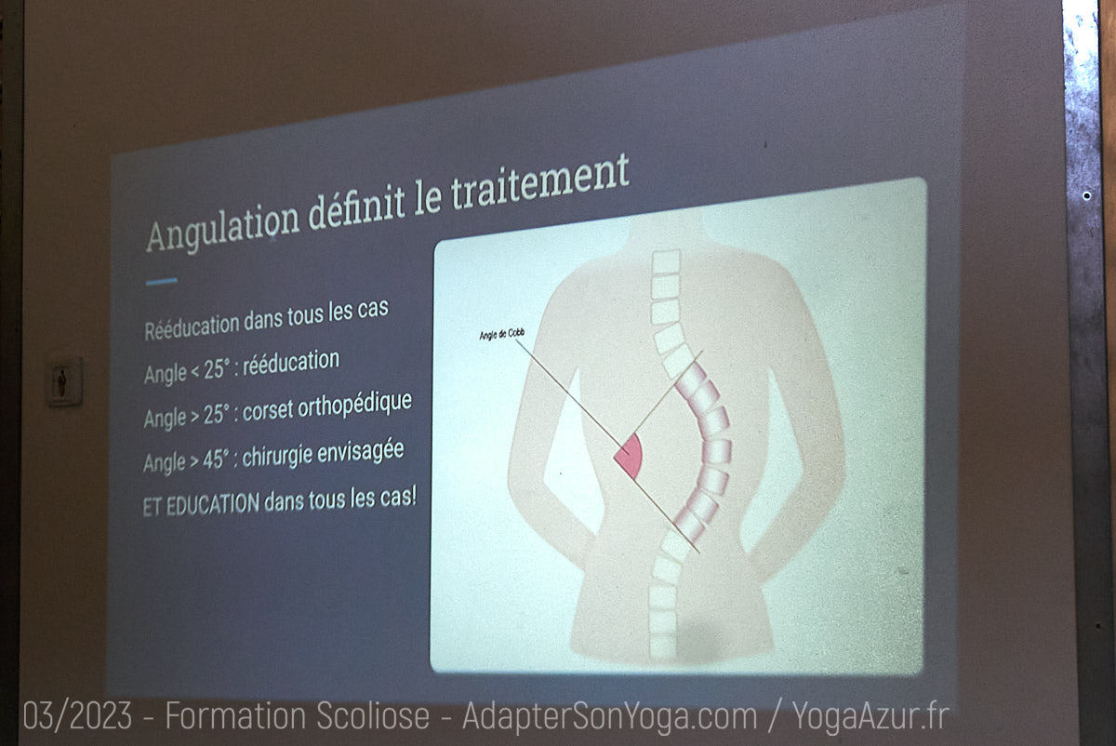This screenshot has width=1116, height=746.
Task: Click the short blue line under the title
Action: point(162,282)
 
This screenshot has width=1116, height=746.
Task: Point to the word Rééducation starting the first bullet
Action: point(193,326)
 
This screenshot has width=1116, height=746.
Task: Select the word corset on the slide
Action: point(268,411)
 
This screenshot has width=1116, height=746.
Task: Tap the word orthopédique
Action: point(355,406)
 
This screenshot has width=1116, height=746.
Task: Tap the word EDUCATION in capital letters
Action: point(213,504)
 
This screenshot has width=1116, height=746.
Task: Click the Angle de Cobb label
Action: point(501,334)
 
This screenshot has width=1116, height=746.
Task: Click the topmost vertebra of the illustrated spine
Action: point(666,261)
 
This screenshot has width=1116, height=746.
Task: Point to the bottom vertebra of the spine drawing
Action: point(662,646)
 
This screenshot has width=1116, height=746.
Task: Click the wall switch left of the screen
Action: point(64,381)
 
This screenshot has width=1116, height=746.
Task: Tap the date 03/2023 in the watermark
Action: point(77,716)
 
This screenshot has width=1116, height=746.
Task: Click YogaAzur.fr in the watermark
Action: point(870,716)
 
